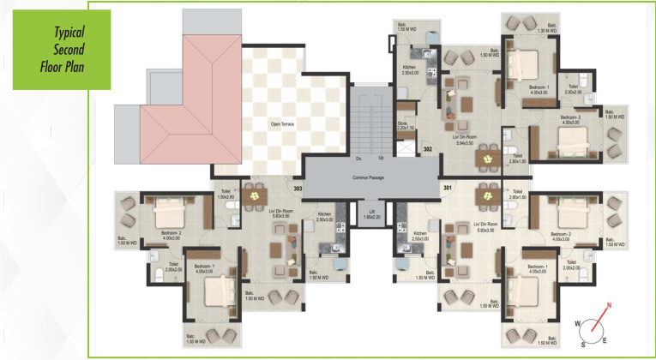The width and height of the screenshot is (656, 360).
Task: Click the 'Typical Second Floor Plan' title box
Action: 60,50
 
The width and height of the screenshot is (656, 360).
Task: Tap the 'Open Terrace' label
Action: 283,123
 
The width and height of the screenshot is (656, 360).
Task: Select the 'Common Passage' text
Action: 368,177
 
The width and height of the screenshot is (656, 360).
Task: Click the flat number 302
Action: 426,149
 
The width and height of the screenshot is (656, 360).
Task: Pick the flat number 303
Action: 298,188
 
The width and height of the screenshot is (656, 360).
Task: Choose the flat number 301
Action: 447,188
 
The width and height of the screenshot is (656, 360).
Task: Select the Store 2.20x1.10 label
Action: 406,125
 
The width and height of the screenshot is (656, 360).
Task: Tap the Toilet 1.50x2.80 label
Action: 226,195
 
